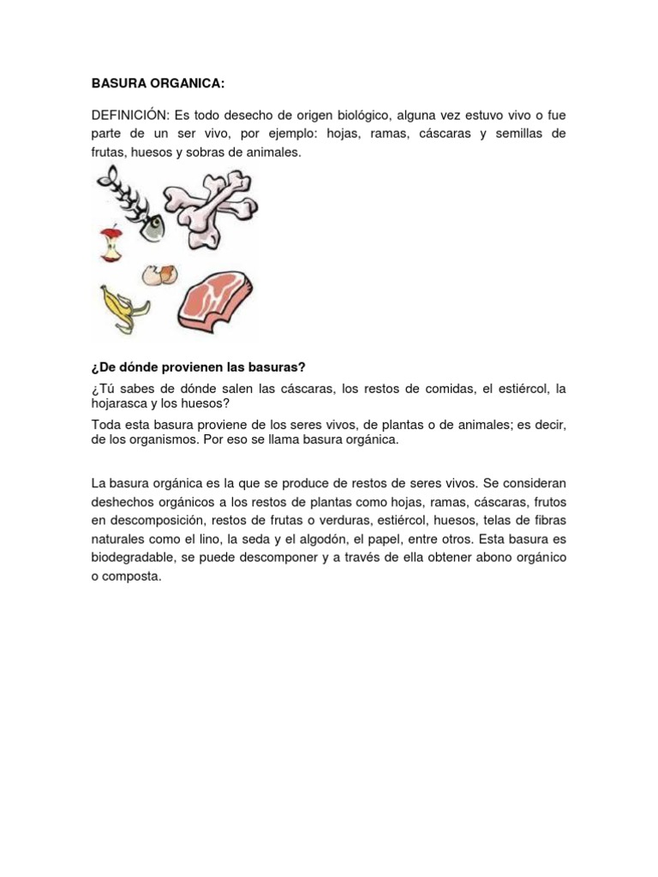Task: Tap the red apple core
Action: pyautogui.click(x=110, y=246)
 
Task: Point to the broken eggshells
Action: pyautogui.click(x=160, y=275)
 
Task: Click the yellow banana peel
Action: pyautogui.click(x=123, y=307)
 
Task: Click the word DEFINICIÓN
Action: pyautogui.click(x=129, y=115)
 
